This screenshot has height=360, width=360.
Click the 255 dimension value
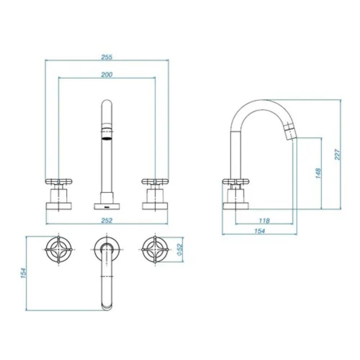pyautogui.click(x=107, y=57)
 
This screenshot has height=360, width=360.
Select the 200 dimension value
pyautogui.click(x=107, y=75)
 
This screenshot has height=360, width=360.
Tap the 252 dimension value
pyautogui.click(x=107, y=220)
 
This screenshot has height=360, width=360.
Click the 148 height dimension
pyautogui.click(x=318, y=174)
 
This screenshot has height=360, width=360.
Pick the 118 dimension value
pyautogui.click(x=264, y=221)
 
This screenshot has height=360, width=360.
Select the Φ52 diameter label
pyautogui.click(x=180, y=249)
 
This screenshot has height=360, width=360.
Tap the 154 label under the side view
pyautogui.click(x=260, y=231)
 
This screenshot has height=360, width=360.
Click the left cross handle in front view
pyautogui.click(x=59, y=182)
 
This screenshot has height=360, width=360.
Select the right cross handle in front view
pyautogui.click(x=155, y=182)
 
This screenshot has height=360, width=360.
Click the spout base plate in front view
pyautogui.click(x=107, y=206)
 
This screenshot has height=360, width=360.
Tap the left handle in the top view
pyautogui.click(x=59, y=249)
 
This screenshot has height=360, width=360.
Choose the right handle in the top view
pyautogui.click(x=155, y=249)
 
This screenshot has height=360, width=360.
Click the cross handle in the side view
pyautogui.click(x=236, y=182)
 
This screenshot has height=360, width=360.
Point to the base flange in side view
pyautogui.click(x=236, y=206)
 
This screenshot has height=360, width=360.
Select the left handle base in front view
pyautogui.click(x=59, y=206)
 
